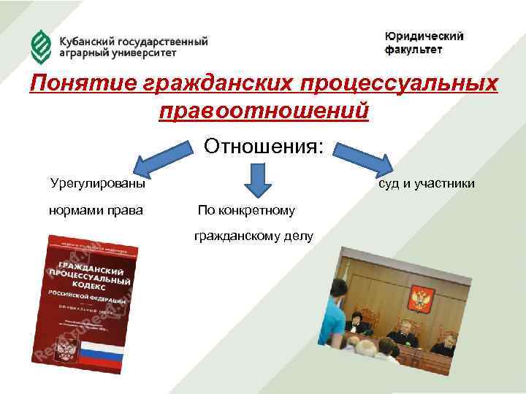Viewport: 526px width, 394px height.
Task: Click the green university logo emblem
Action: click(x=40, y=45)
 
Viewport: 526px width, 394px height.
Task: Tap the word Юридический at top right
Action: click(x=424, y=36)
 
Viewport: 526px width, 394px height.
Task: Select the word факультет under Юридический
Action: click(x=413, y=50)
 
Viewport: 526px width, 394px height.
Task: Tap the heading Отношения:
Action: click(x=263, y=146)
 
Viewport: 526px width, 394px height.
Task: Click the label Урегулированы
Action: click(x=97, y=183)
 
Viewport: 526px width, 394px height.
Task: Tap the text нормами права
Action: click(x=95, y=210)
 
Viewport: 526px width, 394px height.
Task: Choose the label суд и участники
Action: click(x=426, y=183)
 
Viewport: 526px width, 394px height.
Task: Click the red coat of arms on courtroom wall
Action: click(x=422, y=297)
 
